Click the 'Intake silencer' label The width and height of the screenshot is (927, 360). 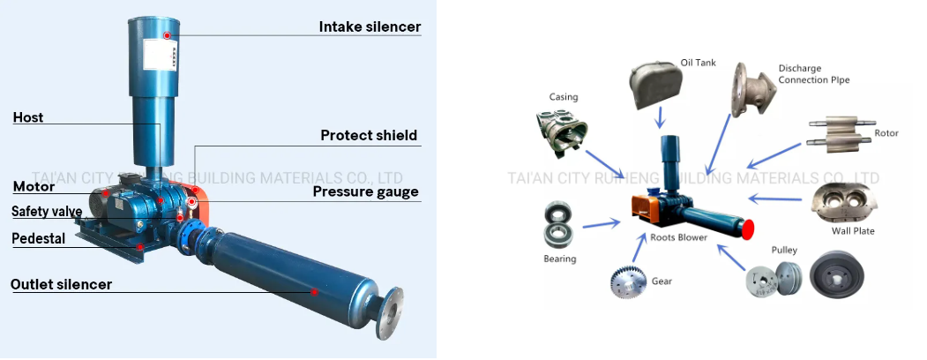(370, 27)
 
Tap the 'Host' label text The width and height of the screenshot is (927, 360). (27, 117)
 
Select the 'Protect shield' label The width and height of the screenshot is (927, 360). (369, 136)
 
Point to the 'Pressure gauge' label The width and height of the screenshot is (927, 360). (366, 191)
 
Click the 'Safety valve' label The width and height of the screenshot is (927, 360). (47, 212)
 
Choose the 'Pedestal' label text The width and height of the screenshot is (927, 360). (38, 239)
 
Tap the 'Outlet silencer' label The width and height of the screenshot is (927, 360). (61, 284)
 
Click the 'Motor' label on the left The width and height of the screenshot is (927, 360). (34, 187)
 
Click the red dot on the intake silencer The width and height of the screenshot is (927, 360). (167, 35)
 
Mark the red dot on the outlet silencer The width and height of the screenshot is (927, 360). (314, 291)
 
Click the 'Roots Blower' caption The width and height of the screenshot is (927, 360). (678, 237)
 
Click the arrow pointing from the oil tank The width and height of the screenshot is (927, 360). (661, 118)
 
